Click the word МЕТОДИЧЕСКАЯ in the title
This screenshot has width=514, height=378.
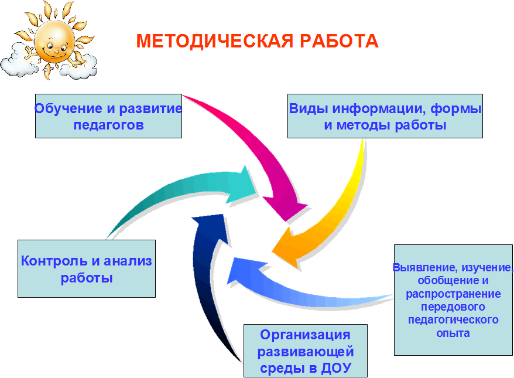click(x=214, y=42)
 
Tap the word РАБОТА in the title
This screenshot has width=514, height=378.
click(x=339, y=42)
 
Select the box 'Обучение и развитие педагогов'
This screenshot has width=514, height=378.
click(x=108, y=116)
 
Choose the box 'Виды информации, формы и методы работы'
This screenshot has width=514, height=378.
click(x=385, y=116)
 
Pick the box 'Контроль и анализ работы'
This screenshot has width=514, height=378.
click(x=87, y=269)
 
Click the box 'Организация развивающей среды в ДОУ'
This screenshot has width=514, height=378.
click(x=306, y=351)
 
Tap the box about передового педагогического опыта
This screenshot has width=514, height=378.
click(x=453, y=300)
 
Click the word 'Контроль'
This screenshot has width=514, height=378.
click(x=54, y=261)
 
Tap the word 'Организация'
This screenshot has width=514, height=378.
click(x=305, y=335)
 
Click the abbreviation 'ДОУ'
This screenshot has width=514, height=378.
click(x=337, y=368)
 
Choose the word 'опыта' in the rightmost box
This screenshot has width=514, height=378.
click(x=453, y=333)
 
